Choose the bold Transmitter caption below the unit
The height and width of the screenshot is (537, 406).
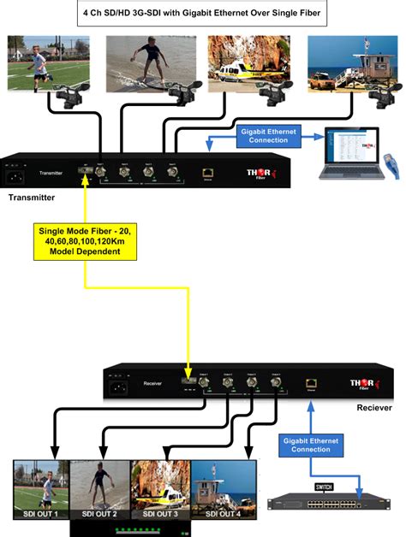click(x=32, y=198)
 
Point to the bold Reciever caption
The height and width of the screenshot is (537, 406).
click(x=373, y=408)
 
